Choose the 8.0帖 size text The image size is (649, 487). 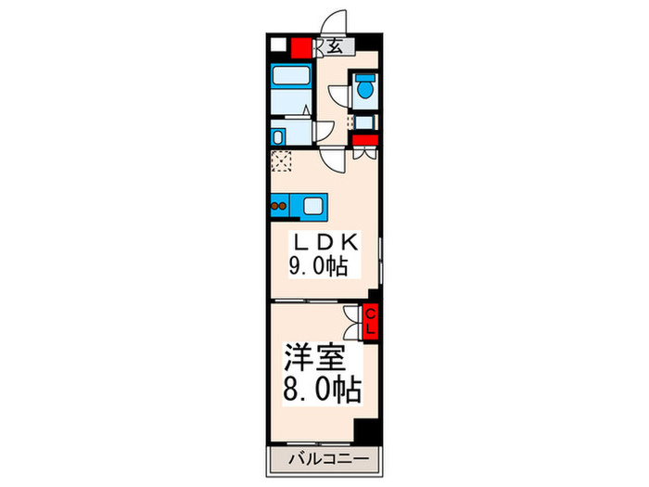323,386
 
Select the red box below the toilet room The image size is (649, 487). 365,140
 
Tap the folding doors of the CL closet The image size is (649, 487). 351,322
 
